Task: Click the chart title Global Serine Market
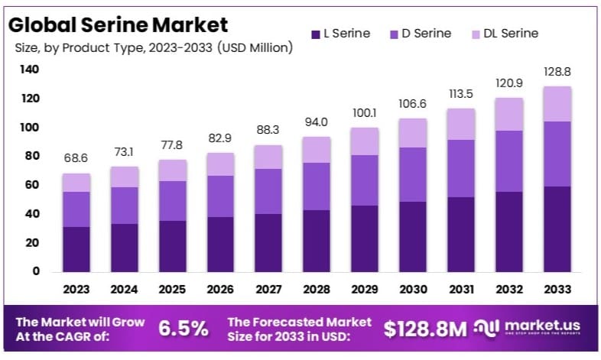pyautogui.click(x=118, y=24)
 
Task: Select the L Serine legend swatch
pyautogui.click(x=315, y=34)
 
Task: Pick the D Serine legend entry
pyautogui.click(x=420, y=34)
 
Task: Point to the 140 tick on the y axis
pyautogui.click(x=29, y=70)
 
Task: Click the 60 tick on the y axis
pyautogui.click(x=31, y=185)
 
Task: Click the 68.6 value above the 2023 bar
pyautogui.click(x=76, y=157)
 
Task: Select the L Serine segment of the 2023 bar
pyautogui.click(x=76, y=249)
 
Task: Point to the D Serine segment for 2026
pyautogui.click(x=219, y=196)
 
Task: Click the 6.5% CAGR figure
pyautogui.click(x=183, y=329)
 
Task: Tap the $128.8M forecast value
pyautogui.click(x=424, y=329)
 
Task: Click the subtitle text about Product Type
pyautogui.click(x=154, y=47)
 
